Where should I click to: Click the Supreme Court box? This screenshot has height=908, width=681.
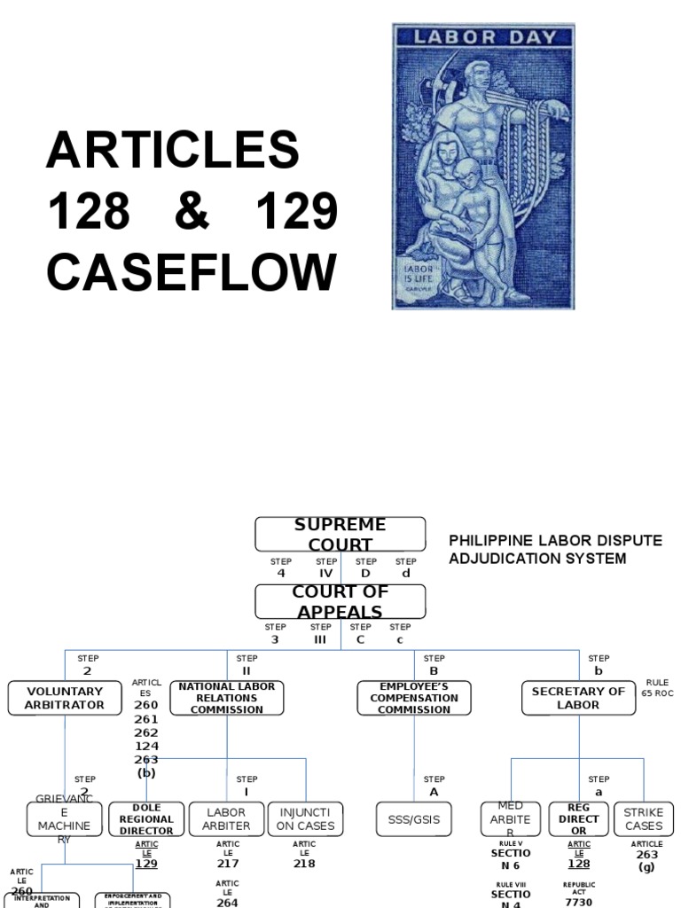click(x=340, y=535)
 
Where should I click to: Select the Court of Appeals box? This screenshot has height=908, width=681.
click(x=340, y=602)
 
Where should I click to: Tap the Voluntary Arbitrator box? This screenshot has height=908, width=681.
click(x=65, y=698)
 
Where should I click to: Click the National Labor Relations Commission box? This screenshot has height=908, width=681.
click(x=227, y=698)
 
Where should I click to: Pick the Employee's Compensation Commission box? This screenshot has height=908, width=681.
click(x=414, y=698)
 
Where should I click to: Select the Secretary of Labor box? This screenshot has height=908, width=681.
click(x=578, y=698)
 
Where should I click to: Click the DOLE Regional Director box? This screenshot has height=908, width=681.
click(x=146, y=819)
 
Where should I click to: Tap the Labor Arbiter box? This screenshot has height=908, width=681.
click(x=227, y=819)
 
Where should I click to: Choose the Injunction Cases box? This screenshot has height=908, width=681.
click(x=305, y=819)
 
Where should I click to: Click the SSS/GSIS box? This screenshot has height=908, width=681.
click(x=414, y=819)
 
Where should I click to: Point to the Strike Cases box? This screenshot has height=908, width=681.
click(x=643, y=819)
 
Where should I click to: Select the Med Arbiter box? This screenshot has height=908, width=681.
click(x=510, y=819)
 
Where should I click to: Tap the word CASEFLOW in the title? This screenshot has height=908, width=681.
click(x=192, y=271)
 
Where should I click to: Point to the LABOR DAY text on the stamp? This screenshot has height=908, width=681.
click(x=483, y=37)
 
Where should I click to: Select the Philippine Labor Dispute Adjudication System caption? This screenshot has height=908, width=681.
click(x=554, y=550)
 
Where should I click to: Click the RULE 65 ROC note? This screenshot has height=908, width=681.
click(x=658, y=688)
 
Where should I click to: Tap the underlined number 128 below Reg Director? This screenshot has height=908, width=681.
click(x=578, y=863)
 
